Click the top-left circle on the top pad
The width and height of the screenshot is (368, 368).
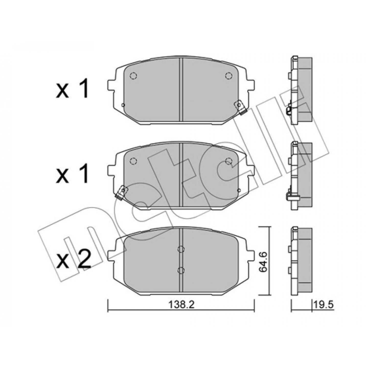pos(133,76)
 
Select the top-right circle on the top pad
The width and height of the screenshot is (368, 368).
pos(228,76)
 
